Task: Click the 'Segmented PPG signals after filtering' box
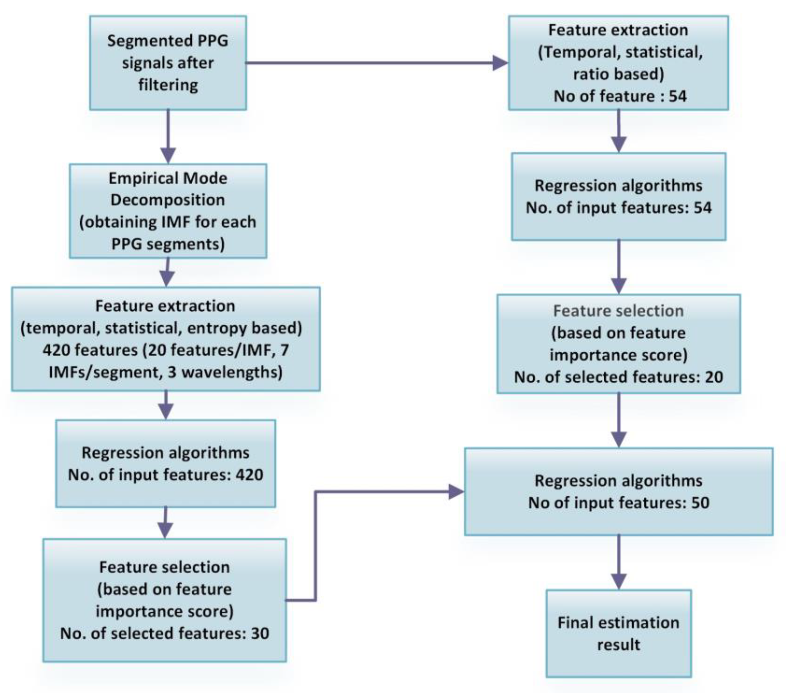168,63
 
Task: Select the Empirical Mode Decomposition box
168,211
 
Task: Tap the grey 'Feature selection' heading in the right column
618,311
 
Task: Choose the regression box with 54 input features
618,197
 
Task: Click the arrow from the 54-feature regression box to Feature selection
618,267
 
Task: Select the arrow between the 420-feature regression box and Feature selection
165,522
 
